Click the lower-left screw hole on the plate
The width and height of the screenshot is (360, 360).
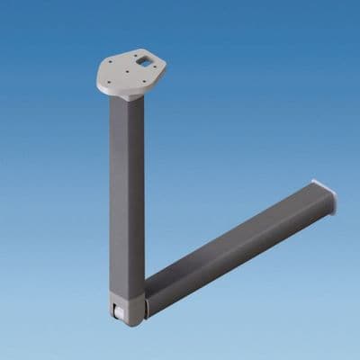(108, 82)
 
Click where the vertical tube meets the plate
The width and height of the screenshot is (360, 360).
(126, 98)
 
